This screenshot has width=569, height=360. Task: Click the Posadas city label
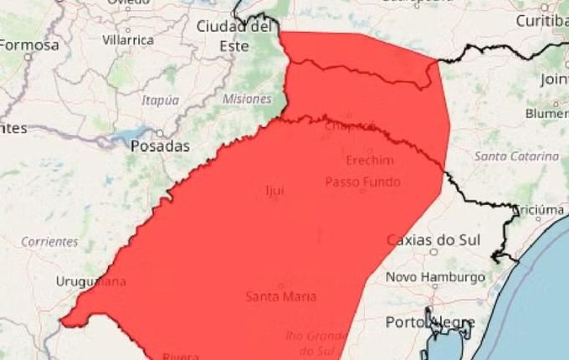(x=160, y=147)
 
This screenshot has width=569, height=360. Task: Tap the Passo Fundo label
(x=362, y=182)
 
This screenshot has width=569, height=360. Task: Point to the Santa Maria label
(x=281, y=296)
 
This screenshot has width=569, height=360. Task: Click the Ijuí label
(x=274, y=190)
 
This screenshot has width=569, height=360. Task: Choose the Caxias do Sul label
(x=433, y=240)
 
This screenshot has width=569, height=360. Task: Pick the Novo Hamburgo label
(x=435, y=277)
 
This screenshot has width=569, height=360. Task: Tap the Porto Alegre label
(x=430, y=322)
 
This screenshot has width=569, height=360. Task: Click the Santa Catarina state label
(x=516, y=157)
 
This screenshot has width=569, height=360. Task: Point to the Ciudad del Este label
(x=234, y=36)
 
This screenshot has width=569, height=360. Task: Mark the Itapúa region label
(x=161, y=100)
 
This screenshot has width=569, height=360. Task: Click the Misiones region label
(x=241, y=99)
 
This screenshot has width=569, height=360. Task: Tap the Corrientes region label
(x=49, y=242)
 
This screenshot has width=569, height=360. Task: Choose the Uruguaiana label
(x=90, y=281)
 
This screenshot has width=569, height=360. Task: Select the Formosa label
(x=29, y=45)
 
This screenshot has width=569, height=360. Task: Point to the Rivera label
(x=181, y=355)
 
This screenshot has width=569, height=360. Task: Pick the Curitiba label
(x=543, y=19)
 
